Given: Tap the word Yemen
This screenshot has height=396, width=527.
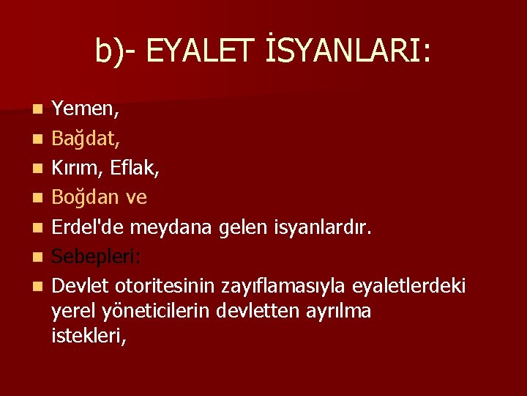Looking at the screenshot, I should point(83,111).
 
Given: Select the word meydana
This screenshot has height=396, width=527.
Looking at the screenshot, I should point(173,227).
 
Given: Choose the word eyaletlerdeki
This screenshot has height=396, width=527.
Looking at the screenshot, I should point(408,285).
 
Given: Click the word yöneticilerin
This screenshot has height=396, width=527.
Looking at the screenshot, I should point(155,311).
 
